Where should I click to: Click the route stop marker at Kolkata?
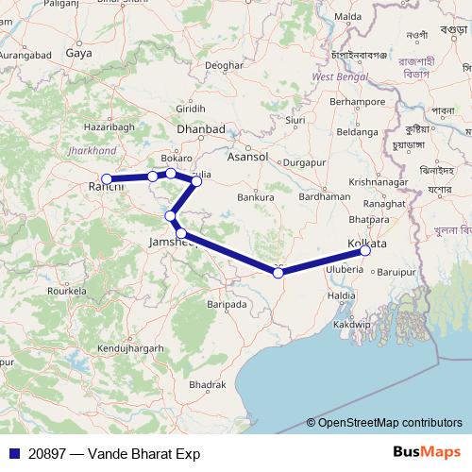click(x=365, y=250)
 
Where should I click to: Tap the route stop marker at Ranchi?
click(x=107, y=178)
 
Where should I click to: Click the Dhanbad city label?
click(x=200, y=129)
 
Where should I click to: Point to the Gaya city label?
click(x=78, y=54)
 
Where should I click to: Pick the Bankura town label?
click(x=256, y=197)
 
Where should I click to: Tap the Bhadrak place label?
click(x=207, y=385)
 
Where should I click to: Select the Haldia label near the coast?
click(x=342, y=295)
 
